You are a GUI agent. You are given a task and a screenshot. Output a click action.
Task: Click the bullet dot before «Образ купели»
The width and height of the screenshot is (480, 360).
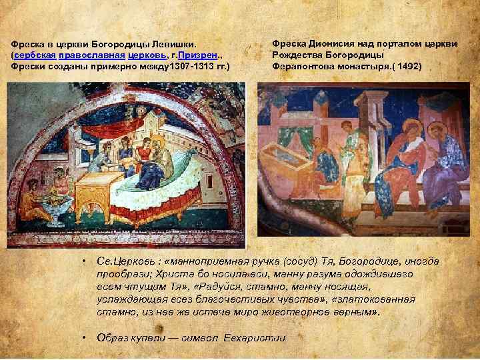(x=83, y=337)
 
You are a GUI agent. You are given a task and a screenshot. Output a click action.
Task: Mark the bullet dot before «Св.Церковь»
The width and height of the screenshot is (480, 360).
(x=83, y=261)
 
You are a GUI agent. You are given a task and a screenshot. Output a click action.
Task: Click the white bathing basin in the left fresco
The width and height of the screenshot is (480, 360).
(x=56, y=203)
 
